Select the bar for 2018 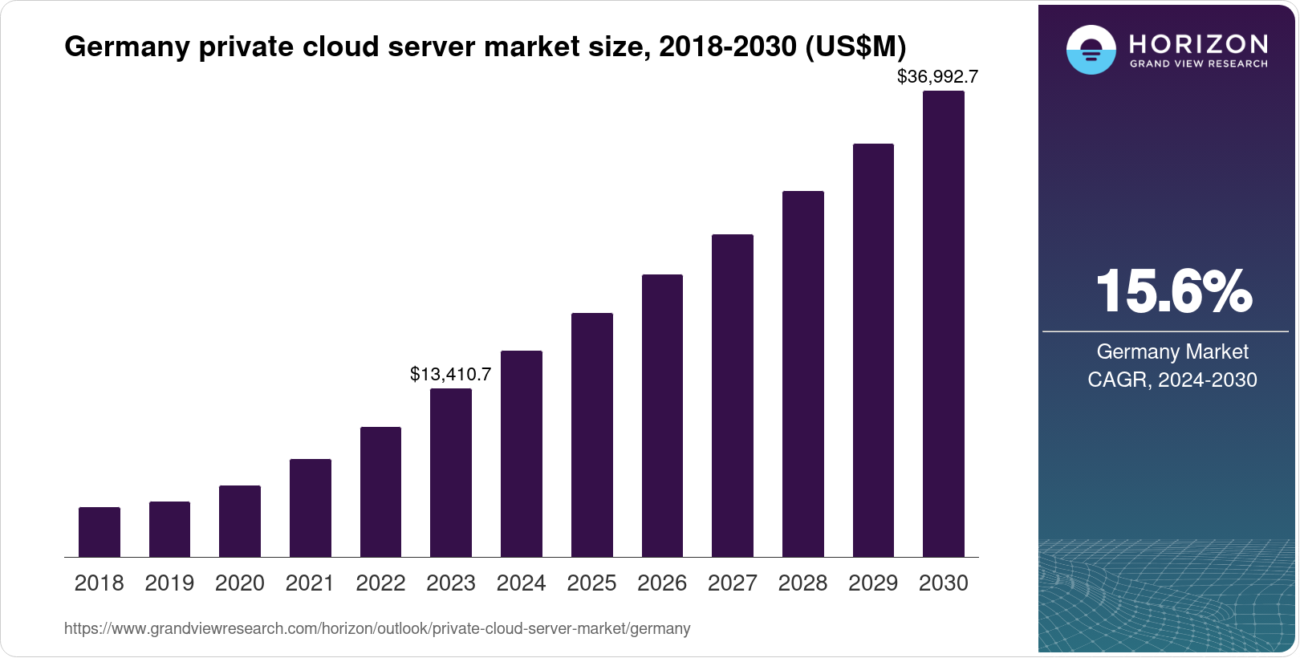(x=100, y=532)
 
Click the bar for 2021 (x=311, y=508)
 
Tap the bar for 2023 (x=451, y=473)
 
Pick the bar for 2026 (x=662, y=416)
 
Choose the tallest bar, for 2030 (x=944, y=324)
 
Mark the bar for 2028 (x=803, y=374)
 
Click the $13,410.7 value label (x=450, y=374)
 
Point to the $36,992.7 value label (x=937, y=77)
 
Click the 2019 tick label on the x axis (x=169, y=583)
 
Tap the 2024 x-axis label (x=522, y=583)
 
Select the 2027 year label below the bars (x=733, y=583)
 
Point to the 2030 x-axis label (x=944, y=583)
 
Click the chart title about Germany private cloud (x=485, y=47)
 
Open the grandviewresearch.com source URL (x=377, y=628)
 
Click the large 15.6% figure (x=1173, y=291)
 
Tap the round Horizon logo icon (x=1091, y=51)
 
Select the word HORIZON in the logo (x=1199, y=43)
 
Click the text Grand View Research (x=1199, y=63)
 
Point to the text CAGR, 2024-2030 (x=1172, y=380)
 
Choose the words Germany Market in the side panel (x=1172, y=351)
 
